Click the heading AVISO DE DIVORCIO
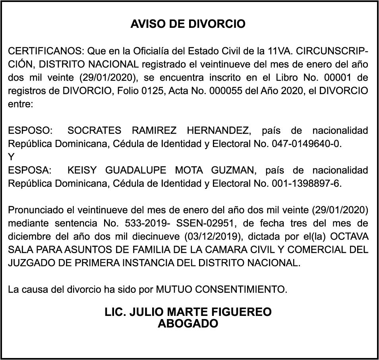pos(188,24)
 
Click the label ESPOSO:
pos(30,130)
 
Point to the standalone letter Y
pos(11,157)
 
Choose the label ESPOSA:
pos(30,170)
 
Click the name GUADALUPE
pos(135,170)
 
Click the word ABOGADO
pos(188,323)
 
